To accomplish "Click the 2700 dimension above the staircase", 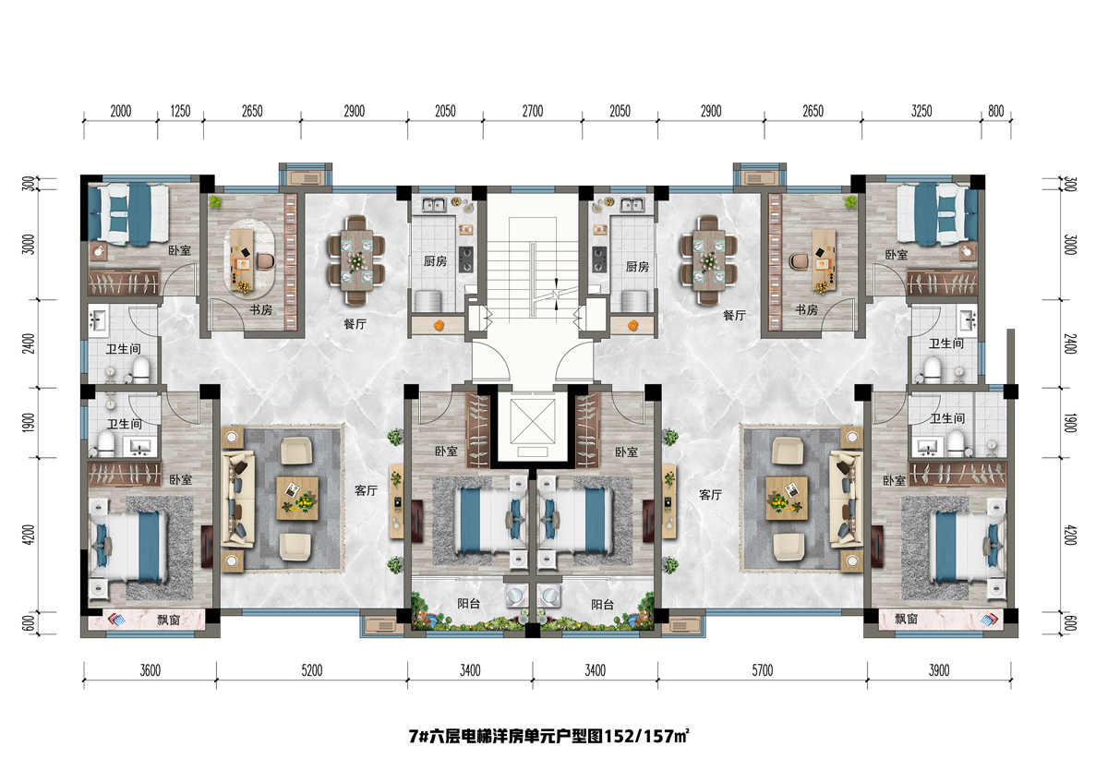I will click(532, 111).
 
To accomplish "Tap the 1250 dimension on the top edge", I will click(181, 111).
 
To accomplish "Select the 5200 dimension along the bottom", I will click(311, 670).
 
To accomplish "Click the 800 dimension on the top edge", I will click(995, 111).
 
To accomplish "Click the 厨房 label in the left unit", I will click(436, 263).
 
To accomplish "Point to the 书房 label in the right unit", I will click(806, 309).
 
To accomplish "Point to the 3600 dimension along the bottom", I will click(151, 670).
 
